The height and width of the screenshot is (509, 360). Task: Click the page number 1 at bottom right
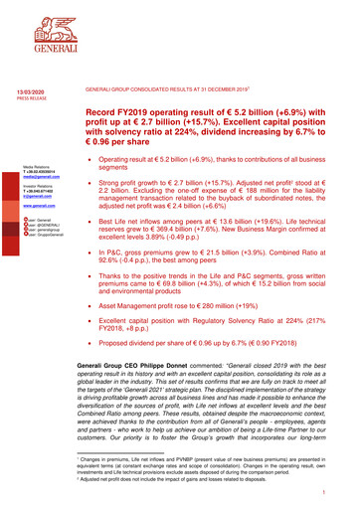(338, 491)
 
